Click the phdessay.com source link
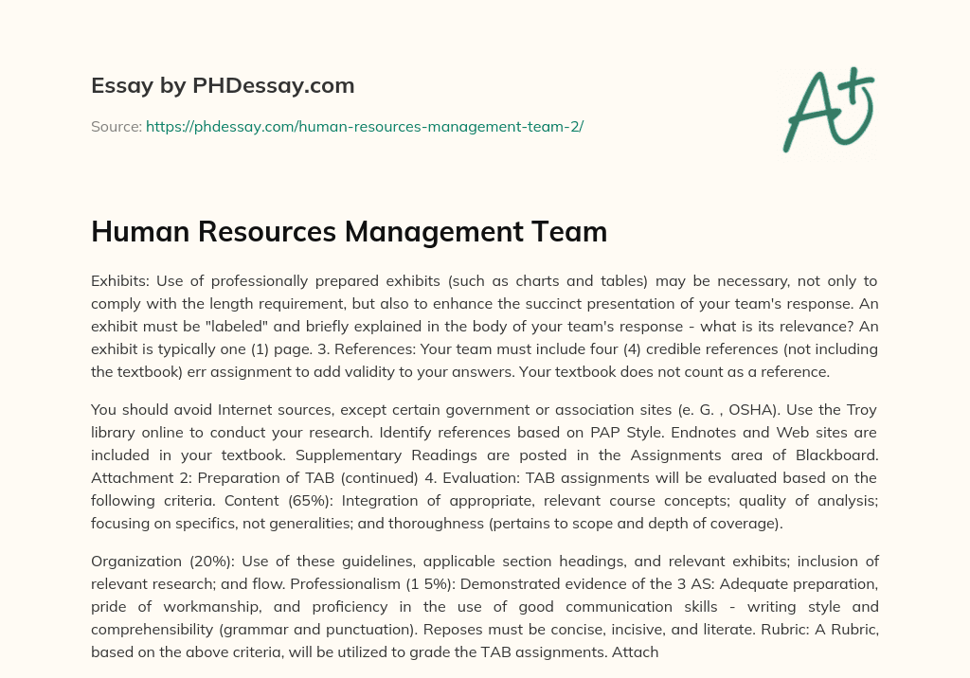(x=364, y=126)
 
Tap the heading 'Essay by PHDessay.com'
(x=223, y=86)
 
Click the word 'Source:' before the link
(x=116, y=126)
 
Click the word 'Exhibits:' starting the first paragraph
(x=121, y=281)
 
